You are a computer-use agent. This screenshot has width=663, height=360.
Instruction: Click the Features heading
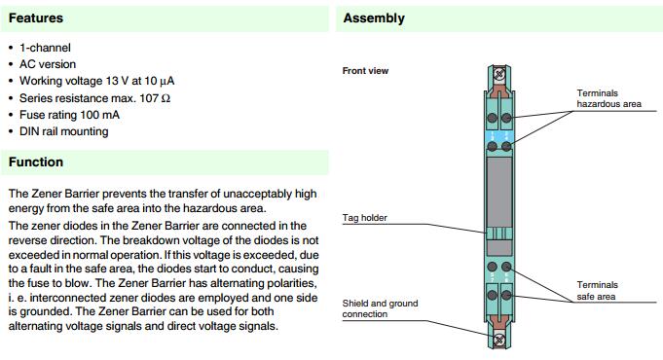[x=35, y=18]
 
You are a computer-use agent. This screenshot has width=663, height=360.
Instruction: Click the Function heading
[x=35, y=162]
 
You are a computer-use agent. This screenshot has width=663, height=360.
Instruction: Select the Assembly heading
[x=374, y=18]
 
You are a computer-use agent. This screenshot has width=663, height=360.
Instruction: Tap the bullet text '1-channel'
[x=45, y=48]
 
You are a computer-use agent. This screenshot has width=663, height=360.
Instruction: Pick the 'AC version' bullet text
[x=48, y=64]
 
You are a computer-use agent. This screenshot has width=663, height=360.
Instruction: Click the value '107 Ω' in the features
[x=155, y=98]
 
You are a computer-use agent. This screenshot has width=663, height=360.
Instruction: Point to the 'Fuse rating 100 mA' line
[x=69, y=115]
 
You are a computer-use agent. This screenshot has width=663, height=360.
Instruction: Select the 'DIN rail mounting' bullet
[x=64, y=131]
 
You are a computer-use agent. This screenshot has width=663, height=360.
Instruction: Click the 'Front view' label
[x=365, y=71]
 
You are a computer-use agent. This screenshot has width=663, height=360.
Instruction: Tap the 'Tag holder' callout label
[x=364, y=218]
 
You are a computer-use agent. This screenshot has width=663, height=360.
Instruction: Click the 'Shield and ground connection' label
[x=380, y=308]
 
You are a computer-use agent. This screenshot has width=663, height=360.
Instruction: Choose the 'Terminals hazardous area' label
[x=608, y=98]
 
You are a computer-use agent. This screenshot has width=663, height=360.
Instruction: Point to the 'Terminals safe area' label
[x=598, y=291]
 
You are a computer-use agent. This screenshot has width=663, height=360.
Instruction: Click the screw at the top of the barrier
[x=499, y=75]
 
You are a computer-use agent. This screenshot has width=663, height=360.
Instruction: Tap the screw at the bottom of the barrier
[x=499, y=340]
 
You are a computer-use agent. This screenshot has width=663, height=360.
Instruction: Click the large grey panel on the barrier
[x=499, y=193]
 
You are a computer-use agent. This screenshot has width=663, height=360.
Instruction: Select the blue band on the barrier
[x=499, y=137]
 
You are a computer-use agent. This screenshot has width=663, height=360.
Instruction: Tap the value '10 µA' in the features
[x=158, y=81]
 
